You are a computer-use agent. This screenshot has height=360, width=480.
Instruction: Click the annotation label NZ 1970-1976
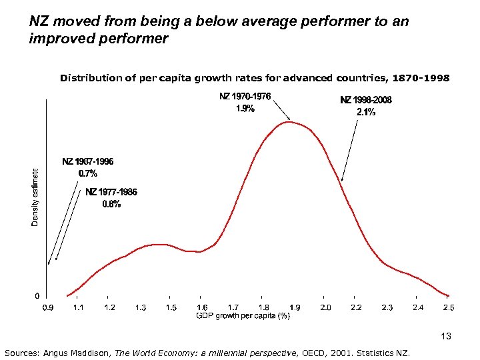coord(245,97)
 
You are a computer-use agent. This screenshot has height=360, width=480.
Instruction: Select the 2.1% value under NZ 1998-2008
coord(365,112)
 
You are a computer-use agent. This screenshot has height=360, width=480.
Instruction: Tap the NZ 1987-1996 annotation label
coord(88,161)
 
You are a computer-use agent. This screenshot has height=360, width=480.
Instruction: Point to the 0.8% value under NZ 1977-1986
coord(111,204)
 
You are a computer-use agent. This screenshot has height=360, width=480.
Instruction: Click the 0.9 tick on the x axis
coord(48,307)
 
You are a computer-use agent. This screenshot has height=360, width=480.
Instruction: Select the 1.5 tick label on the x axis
coord(171,307)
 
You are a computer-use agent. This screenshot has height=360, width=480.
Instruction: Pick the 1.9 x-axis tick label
coord(294,307)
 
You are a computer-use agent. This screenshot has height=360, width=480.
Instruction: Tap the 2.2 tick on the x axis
coord(356,307)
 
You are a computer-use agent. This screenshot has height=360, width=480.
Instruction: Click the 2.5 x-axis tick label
coord(449,307)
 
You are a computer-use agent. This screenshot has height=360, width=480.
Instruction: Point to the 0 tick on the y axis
coord(37,295)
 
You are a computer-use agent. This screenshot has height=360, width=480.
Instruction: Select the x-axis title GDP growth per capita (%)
coord(243,316)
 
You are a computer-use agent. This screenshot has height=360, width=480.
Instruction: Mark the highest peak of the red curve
coord(291,121)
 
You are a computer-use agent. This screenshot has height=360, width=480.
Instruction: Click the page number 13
coord(446,337)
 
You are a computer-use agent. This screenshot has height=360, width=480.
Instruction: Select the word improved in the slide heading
coord(58,38)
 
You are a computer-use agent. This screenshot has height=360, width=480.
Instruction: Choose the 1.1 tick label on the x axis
coord(79,307)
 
